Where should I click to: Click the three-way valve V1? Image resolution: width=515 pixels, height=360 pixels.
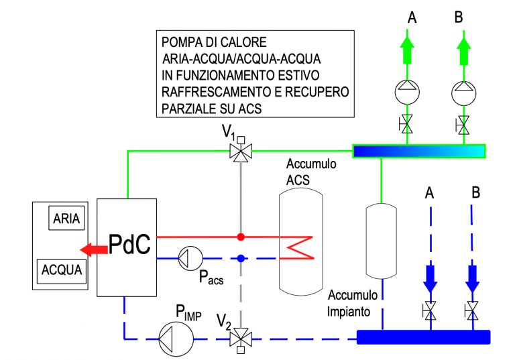[x=239, y=152]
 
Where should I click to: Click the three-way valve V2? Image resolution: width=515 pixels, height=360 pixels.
[x=239, y=337]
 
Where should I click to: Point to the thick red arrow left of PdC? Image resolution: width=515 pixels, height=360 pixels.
[x=93, y=250]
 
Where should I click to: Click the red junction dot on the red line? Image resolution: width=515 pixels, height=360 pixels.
[x=240, y=237]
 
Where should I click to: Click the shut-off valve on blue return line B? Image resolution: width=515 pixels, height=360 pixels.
[x=473, y=310]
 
